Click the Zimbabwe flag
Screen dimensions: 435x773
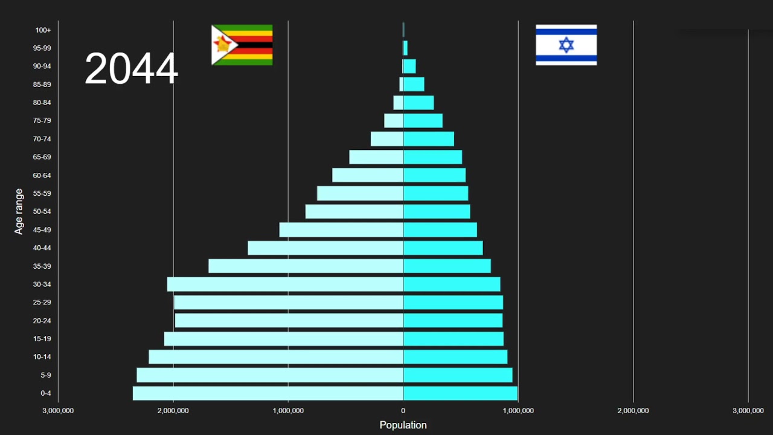coord(242,45)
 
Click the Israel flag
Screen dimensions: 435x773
coord(566,45)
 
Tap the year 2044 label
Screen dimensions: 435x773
coord(131,68)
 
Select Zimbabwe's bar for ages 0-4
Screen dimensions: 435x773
coord(268,393)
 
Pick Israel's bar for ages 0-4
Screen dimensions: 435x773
coord(460,393)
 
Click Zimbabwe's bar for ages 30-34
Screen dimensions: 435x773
coord(285,284)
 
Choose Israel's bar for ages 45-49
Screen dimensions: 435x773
coord(440,230)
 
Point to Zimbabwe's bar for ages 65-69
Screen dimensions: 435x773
coord(376,157)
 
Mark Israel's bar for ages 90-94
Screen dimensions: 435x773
coord(409,66)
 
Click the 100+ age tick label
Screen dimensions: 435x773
coord(43,30)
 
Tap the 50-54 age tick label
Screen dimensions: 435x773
coord(42,211)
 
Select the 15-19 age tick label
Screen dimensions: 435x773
coord(42,338)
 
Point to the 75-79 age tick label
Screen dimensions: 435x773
coord(42,120)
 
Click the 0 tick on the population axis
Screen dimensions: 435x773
coord(403,411)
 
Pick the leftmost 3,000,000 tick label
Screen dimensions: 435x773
coord(58,411)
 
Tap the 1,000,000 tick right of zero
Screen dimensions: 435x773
coord(518,411)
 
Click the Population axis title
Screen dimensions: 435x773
coord(403,425)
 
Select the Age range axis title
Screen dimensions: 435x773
coord(19,211)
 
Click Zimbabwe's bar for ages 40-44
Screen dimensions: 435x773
coord(326,248)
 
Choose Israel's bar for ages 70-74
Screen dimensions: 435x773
coord(429,139)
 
